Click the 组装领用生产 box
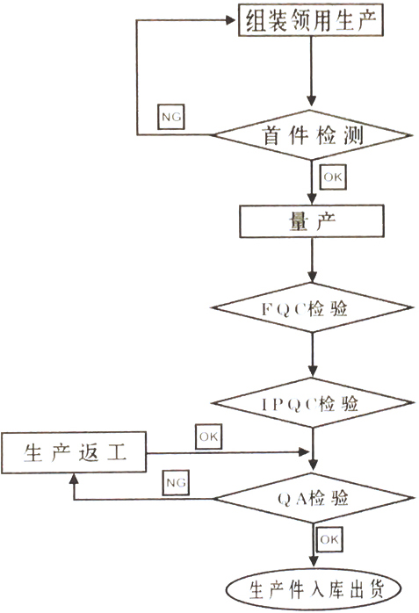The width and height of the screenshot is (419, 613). click(x=311, y=19)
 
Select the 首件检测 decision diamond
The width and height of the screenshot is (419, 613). click(x=312, y=135)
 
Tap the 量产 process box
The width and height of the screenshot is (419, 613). click(x=312, y=221)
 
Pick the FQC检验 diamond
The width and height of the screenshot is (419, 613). click(x=312, y=307)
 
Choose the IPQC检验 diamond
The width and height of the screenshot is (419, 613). click(x=313, y=403)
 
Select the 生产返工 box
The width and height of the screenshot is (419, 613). click(x=74, y=452)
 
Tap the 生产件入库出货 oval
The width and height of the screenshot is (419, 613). click(x=314, y=589)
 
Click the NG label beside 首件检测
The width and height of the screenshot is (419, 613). click(x=171, y=117)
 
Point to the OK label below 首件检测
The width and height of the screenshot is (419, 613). click(x=333, y=177)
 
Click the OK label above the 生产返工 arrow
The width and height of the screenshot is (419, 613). click(x=209, y=436)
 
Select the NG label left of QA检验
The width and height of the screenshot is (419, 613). click(x=176, y=483)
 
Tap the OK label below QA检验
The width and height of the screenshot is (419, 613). click(x=329, y=539)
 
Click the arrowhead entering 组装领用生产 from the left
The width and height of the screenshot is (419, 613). click(x=231, y=20)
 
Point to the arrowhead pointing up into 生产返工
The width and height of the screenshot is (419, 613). click(x=75, y=480)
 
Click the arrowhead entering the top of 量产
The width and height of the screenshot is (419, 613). click(x=312, y=199)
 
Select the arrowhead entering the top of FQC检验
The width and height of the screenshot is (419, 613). click(x=312, y=278)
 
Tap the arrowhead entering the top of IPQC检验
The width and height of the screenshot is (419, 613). click(x=313, y=371)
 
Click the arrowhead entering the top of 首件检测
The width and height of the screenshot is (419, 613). click(x=311, y=100)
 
